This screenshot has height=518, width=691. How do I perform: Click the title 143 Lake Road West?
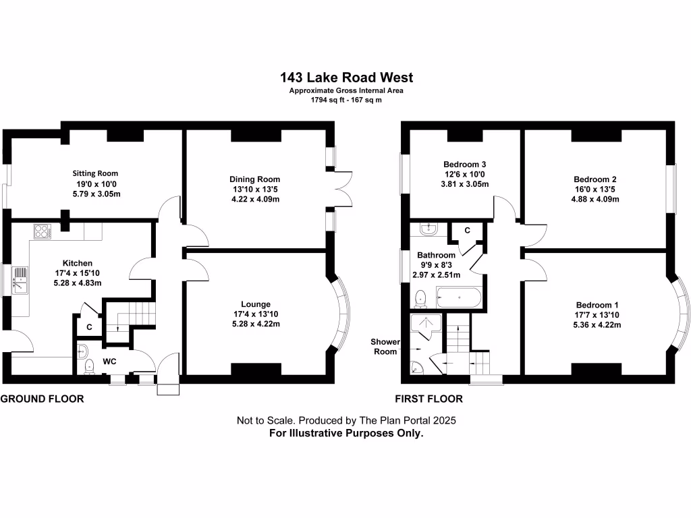(346, 78)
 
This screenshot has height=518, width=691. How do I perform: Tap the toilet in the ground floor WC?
(88, 366)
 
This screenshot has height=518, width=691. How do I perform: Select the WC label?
(110, 362)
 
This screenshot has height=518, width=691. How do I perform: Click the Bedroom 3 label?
(464, 165)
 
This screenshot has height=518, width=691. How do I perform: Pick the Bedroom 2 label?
(595, 179)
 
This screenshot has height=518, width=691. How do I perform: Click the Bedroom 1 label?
(597, 304)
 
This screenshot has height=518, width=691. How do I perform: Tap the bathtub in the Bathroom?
(459, 296)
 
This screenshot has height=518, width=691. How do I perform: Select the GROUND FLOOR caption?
(43, 399)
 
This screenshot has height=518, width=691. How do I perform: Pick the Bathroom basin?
(425, 228)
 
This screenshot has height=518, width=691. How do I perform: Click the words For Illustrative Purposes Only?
(346, 434)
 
